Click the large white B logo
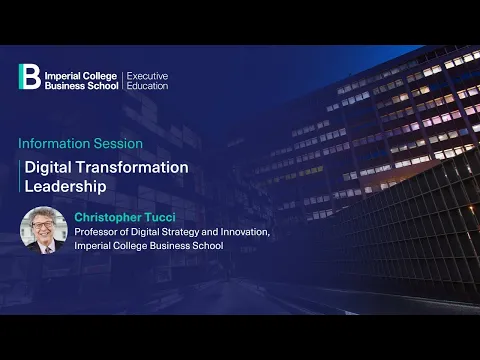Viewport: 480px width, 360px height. point(30,77)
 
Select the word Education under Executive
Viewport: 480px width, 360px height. point(147,85)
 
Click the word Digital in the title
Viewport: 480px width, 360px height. point(47,167)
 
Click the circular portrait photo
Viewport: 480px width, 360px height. point(43,231)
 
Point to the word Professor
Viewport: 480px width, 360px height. point(98,233)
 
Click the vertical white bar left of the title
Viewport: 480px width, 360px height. point(21,176)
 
